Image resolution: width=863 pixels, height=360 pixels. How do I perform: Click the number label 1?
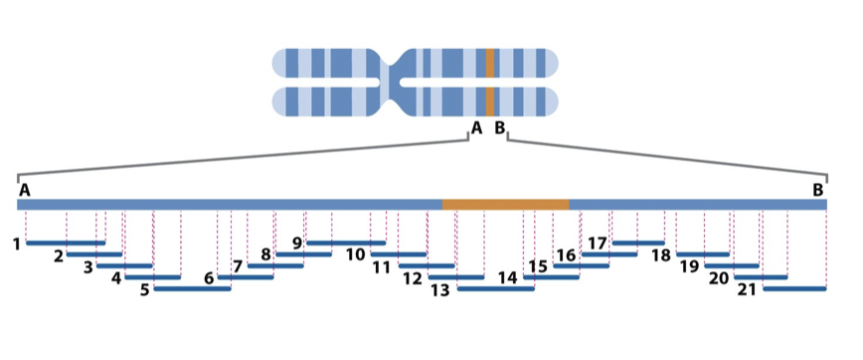[17, 243]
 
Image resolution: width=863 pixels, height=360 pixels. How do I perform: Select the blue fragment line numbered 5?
[193, 289]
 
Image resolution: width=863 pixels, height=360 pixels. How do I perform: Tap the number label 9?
[296, 243]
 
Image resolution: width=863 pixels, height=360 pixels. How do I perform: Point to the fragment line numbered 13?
[495, 289]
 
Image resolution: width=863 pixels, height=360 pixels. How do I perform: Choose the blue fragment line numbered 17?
[638, 242]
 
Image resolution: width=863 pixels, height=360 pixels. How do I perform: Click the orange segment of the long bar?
[505, 204]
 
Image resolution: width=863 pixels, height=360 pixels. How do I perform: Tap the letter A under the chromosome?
[476, 128]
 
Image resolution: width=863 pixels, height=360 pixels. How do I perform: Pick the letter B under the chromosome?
[500, 128]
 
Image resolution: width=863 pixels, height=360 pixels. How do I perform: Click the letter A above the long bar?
[24, 189]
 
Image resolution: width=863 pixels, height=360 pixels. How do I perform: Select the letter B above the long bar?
[817, 189]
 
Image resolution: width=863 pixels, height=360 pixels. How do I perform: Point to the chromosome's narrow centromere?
[398, 83]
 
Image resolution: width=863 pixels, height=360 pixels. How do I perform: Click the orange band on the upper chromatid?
[490, 64]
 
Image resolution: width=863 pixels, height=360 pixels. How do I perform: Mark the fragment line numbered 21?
[794, 289]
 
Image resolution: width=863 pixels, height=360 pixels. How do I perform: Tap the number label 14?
[507, 278]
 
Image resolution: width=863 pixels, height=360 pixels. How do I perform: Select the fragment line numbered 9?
[345, 242]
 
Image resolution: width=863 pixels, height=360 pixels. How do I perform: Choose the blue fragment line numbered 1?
[66, 242]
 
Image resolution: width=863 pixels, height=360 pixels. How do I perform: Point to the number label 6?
[209, 278]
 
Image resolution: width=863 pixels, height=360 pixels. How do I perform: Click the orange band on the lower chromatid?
[490, 101]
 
